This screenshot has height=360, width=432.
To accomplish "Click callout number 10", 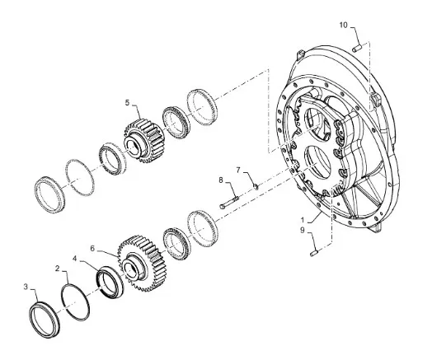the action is pyautogui.click(x=343, y=25).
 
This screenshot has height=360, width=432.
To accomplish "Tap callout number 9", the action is pyautogui.click(x=303, y=230).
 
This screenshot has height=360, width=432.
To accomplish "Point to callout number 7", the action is pyautogui.click(x=238, y=170).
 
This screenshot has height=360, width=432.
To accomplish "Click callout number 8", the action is pyautogui.click(x=221, y=180).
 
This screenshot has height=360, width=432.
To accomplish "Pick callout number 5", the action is pyautogui.click(x=127, y=103).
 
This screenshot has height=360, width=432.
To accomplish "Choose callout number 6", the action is pyautogui.click(x=92, y=249).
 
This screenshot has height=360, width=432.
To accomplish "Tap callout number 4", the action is pyautogui.click(x=75, y=259).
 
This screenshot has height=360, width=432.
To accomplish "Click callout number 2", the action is pyautogui.click(x=58, y=269).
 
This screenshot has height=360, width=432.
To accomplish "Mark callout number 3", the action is pyautogui.click(x=26, y=287).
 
